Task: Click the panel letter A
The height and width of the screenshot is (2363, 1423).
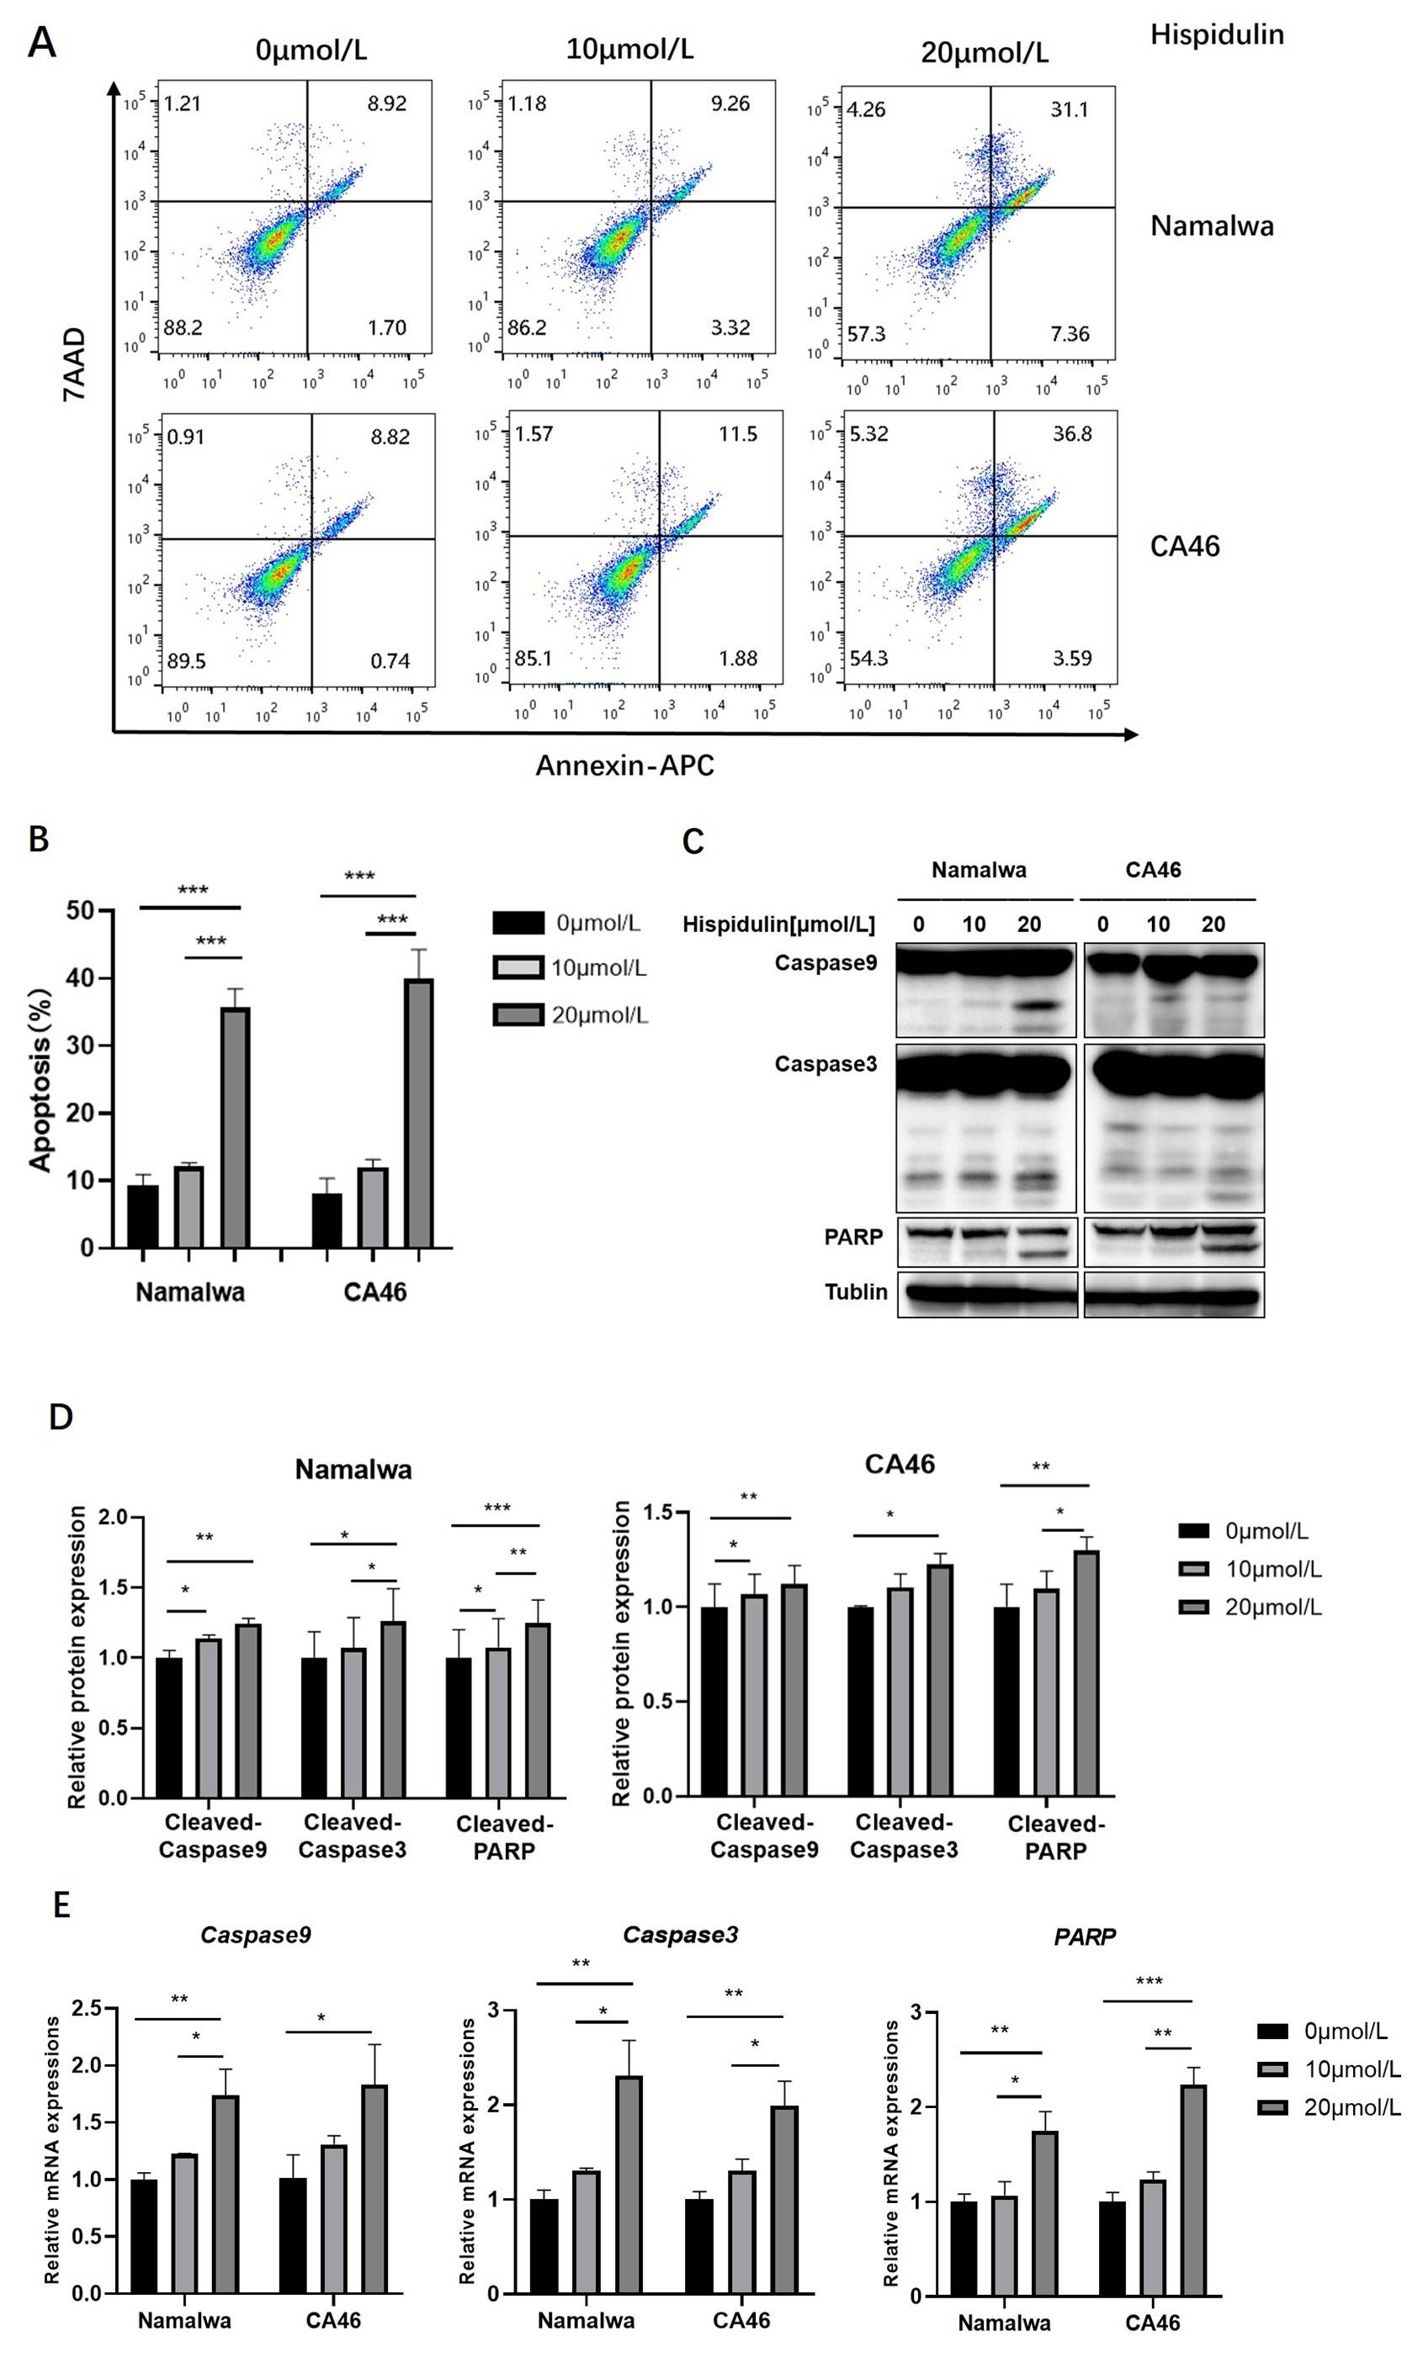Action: pos(40,42)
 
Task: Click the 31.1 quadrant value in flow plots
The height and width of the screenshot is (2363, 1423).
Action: pos(1068,109)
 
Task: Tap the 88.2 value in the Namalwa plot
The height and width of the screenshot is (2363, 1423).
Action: pos(183,328)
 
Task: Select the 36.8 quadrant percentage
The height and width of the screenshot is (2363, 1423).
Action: pos(1071,434)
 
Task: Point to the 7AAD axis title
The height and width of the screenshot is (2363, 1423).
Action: pos(74,363)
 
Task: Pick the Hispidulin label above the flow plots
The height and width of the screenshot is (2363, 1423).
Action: pos(1217,34)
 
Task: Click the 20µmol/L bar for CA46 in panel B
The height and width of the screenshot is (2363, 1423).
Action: pos(418,1112)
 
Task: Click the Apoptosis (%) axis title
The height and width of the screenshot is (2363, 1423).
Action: pos(40,1079)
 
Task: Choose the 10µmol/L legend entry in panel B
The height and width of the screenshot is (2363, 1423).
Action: pos(570,968)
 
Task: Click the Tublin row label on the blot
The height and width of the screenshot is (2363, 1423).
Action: pos(855,1291)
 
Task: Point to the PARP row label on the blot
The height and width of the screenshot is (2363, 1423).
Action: pos(852,1237)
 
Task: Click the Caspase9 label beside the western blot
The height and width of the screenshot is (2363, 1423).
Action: pos(826,962)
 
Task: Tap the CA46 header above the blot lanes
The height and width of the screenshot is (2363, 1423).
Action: pos(1153,870)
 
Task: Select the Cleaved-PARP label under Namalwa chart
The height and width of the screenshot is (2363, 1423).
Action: pos(503,1836)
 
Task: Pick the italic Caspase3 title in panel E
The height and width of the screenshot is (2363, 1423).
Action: pos(680,1935)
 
